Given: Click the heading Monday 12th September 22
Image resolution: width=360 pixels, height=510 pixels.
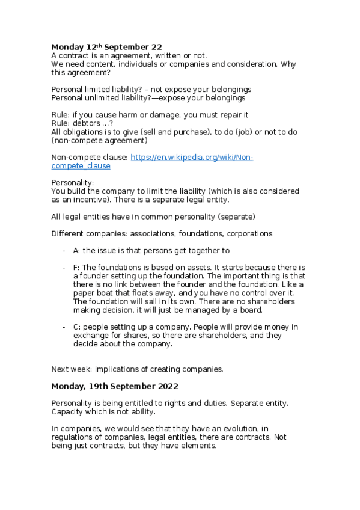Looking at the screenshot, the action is click(106, 46).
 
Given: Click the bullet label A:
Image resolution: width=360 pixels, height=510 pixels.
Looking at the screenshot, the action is click(76, 250).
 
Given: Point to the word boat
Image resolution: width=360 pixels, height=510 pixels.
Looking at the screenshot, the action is click(105, 293).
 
